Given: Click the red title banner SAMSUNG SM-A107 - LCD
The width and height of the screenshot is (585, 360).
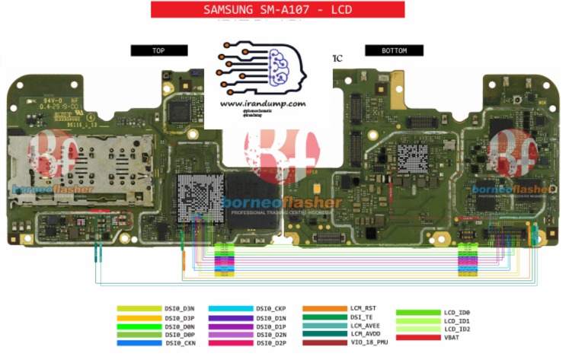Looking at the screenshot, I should (x=277, y=10).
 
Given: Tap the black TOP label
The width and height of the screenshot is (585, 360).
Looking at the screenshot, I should (x=158, y=50).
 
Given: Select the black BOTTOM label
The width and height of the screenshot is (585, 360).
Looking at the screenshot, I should (x=394, y=50).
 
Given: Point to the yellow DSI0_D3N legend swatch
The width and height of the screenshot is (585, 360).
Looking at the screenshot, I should (x=139, y=309).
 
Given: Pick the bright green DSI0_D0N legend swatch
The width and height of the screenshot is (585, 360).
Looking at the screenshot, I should (x=139, y=326).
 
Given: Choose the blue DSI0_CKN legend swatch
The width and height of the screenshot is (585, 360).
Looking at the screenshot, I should (x=139, y=342).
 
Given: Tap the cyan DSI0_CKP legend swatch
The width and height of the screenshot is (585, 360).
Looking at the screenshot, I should (x=231, y=309).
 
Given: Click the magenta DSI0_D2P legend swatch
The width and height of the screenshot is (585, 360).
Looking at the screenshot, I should (x=231, y=342).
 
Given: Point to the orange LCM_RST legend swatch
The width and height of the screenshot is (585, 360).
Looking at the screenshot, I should (x=324, y=309).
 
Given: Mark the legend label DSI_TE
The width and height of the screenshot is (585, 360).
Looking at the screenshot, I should (x=363, y=317).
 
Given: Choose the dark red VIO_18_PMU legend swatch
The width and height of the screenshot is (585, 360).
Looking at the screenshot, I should (x=324, y=342).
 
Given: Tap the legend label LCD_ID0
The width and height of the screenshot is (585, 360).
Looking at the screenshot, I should (x=457, y=312).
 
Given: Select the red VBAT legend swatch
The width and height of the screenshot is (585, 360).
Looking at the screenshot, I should (x=418, y=337).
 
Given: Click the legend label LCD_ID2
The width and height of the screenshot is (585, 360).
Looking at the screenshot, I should (x=457, y=329).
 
